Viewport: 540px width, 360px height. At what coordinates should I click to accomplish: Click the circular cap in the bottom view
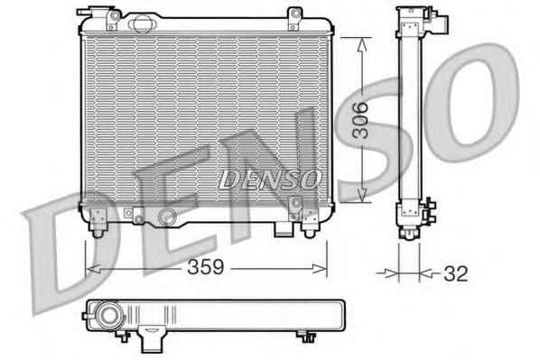(x=109, y=317)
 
